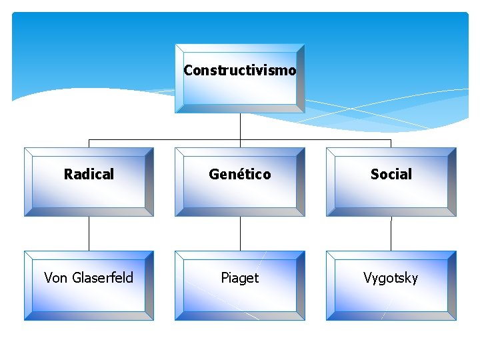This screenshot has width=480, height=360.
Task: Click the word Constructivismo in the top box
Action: tap(239, 70)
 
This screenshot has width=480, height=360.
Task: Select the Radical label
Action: tap(89, 175)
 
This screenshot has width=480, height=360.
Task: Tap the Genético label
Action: tap(239, 175)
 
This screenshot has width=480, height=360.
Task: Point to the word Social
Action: tap(391, 175)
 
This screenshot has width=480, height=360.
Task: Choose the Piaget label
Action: tap(239, 278)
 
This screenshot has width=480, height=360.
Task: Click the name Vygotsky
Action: tap(391, 278)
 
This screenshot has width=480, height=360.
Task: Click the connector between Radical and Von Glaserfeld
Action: tap(89, 233)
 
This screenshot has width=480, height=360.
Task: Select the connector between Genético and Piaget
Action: tap(240, 233)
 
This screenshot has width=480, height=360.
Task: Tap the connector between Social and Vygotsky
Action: tap(391, 233)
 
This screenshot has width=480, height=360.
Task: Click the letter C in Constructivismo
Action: tap(188, 70)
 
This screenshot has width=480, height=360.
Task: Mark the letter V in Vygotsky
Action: tap(367, 278)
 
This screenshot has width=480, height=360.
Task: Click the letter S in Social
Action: tap(375, 175)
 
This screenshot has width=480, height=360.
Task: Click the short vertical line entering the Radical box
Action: tap(89, 143)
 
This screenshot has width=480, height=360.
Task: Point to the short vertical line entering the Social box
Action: tap(391, 143)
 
